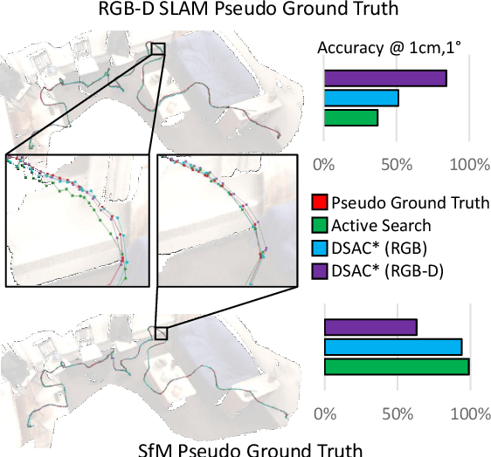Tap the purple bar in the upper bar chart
[385, 78]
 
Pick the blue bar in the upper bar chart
[362, 98]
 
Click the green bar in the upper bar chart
[351, 118]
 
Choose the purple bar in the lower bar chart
[370, 327]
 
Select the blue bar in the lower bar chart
[393, 346]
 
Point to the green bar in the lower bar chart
[397, 365]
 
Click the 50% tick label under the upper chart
[398, 165]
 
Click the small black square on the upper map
[158, 49]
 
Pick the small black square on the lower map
[160, 333]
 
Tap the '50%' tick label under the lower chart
[398, 413]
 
